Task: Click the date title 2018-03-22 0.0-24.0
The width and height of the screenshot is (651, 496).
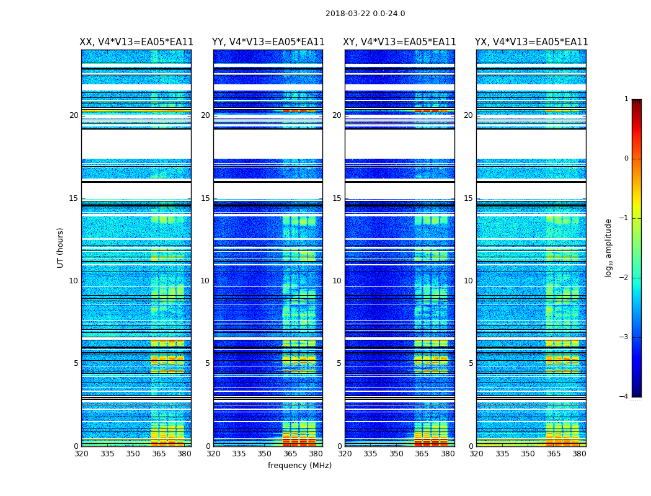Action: click(365, 14)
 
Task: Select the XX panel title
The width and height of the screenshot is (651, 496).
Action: click(136, 42)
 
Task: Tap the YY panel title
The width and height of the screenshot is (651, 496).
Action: click(268, 42)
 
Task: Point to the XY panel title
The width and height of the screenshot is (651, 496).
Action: click(400, 42)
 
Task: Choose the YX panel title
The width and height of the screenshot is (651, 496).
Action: click(531, 42)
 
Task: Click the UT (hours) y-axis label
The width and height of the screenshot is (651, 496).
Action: click(60, 247)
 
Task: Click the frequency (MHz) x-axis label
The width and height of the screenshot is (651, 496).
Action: click(299, 466)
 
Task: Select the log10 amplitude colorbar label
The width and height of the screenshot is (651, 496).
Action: click(609, 247)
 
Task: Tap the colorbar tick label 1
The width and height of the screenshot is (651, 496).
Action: click(626, 99)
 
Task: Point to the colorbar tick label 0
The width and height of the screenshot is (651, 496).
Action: click(626, 159)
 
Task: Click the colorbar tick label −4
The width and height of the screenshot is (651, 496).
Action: click(624, 397)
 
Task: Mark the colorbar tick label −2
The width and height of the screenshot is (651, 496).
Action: click(624, 278)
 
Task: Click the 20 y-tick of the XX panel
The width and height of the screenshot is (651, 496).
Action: click(74, 115)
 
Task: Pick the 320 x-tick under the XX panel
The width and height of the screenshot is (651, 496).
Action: click(81, 454)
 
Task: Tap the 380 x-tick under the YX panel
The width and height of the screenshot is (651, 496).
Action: click(579, 454)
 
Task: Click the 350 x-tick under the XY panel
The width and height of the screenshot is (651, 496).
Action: click(396, 454)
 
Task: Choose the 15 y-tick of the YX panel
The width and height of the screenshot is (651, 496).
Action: click(468, 198)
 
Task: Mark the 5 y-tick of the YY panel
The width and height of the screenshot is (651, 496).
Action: click(208, 363)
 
